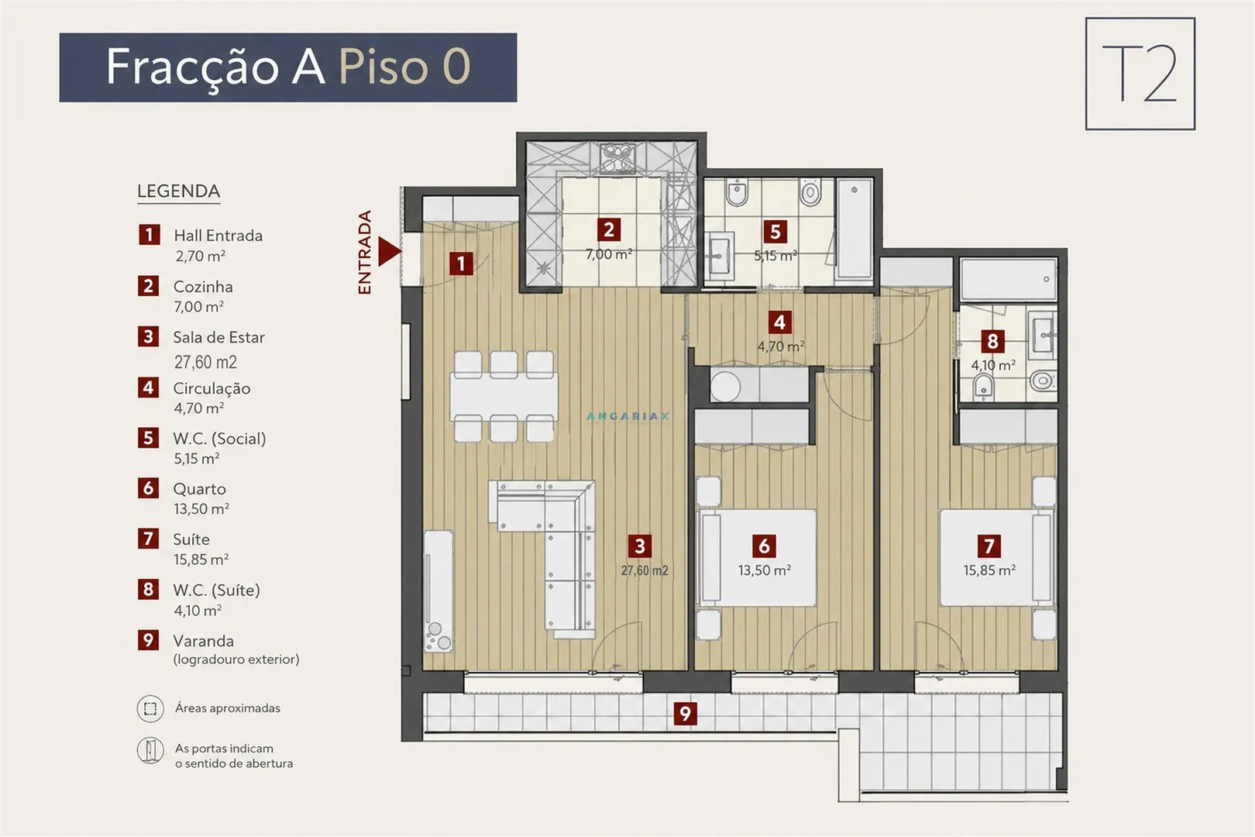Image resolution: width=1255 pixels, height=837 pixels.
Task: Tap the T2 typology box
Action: tap(1140, 74)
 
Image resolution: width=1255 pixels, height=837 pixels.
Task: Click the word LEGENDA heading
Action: tap(179, 191)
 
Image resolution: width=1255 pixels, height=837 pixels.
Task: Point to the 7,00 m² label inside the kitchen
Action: tap(609, 254)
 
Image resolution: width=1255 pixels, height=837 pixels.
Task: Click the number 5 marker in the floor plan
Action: tap(775, 232)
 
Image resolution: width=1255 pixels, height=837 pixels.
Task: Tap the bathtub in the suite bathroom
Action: tap(1009, 279)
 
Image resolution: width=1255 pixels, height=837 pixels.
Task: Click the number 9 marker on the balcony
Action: tap(685, 714)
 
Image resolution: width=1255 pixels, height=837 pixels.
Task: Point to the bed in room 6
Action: tap(756, 558)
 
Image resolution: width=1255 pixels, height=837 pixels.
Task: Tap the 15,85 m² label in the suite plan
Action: tap(989, 570)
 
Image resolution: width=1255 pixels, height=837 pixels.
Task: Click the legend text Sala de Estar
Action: tap(218, 337)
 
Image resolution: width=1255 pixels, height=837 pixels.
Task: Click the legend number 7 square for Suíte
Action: tap(149, 539)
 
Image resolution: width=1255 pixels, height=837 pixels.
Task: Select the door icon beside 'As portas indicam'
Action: tap(150, 750)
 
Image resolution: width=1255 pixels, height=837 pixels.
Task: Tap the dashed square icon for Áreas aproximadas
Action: tap(150, 708)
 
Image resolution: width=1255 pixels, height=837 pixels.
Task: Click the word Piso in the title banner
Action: tap(383, 67)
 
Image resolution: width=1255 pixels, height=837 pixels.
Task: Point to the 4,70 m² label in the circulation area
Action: tap(780, 346)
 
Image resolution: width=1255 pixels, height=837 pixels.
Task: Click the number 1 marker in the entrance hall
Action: tap(461, 263)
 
